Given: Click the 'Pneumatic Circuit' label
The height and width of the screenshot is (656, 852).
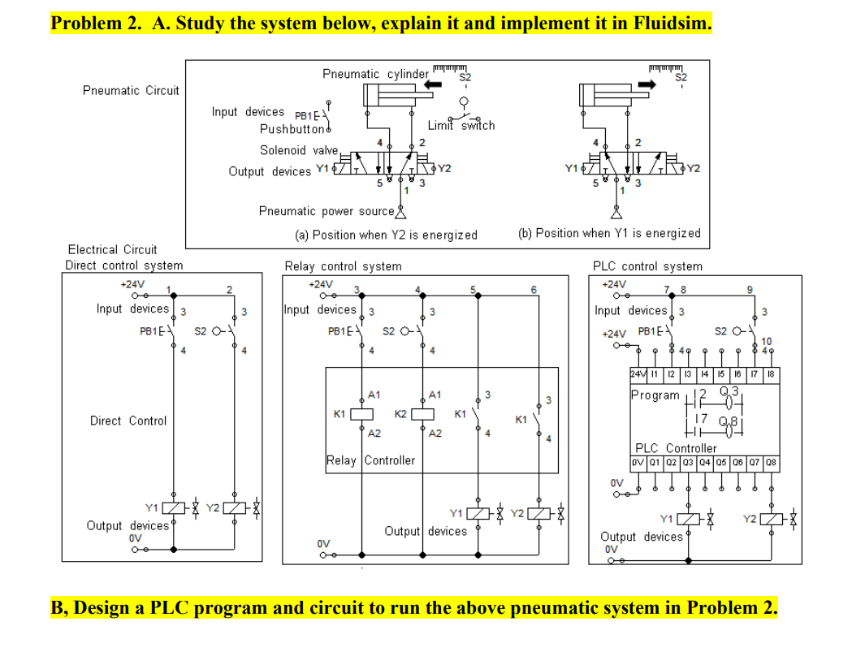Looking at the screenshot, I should [131, 90].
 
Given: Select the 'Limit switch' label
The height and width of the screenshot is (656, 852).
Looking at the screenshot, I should [461, 126].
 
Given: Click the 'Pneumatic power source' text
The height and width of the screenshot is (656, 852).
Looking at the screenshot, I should [326, 211].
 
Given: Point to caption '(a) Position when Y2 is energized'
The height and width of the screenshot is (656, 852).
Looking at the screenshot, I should [386, 235].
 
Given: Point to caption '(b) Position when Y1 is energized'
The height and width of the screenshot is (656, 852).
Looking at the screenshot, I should [608, 233].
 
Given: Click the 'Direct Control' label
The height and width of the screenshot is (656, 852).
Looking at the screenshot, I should [128, 421].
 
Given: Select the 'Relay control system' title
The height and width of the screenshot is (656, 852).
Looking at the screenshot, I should [343, 266].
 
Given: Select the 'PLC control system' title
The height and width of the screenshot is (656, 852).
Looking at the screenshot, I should [647, 266].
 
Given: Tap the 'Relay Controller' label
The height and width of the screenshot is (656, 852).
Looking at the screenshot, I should [370, 460].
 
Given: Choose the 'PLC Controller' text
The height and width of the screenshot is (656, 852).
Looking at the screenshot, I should [676, 448].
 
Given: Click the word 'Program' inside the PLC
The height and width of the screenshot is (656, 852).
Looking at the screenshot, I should [655, 395].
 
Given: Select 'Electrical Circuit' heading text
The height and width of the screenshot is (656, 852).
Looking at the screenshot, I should [112, 249].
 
